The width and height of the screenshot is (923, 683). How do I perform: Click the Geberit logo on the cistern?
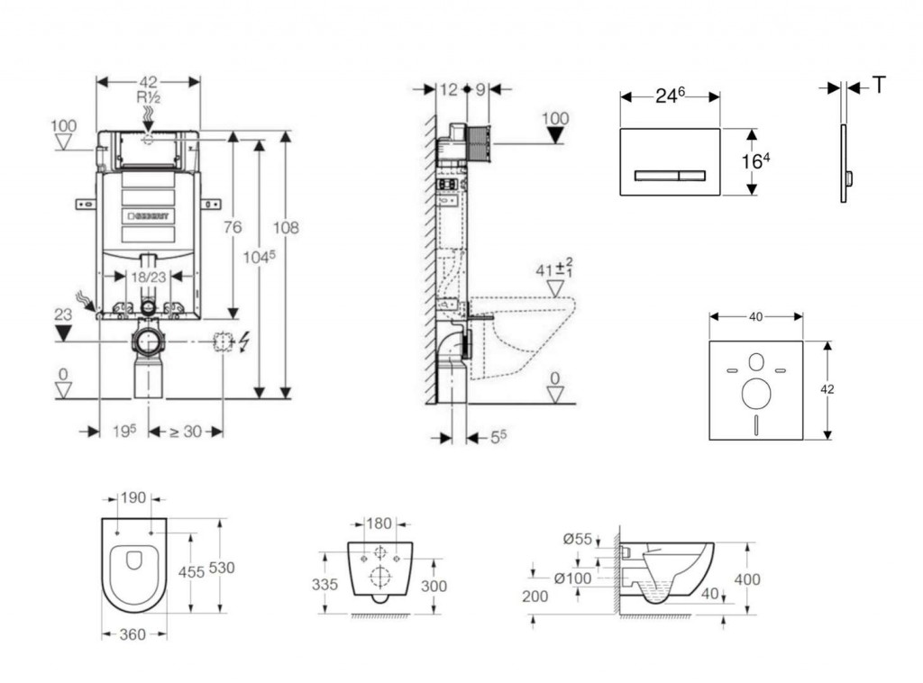click(x=149, y=216)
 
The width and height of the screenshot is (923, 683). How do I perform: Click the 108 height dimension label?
click(x=286, y=227)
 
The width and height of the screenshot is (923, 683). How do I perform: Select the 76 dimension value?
click(x=233, y=226)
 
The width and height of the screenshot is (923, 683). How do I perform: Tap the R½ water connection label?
click(x=149, y=97)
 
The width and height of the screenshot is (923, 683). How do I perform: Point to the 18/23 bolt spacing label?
click(x=148, y=277)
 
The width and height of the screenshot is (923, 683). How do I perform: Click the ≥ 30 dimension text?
click(x=186, y=432)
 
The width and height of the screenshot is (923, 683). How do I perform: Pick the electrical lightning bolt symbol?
click(x=244, y=341)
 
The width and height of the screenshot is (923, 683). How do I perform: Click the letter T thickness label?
click(x=879, y=86)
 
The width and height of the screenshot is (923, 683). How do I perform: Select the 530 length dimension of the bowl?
click(x=222, y=568)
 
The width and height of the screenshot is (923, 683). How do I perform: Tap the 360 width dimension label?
click(x=133, y=634)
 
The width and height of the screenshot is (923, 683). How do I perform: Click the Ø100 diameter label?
click(x=573, y=578)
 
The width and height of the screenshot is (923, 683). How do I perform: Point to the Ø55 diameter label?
click(x=578, y=538)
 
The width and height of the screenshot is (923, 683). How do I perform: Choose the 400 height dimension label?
click(x=747, y=579)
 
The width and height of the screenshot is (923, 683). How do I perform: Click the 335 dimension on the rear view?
click(x=324, y=584)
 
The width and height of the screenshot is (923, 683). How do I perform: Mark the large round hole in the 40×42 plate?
click(x=756, y=394)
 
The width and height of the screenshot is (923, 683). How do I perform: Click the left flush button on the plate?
click(x=657, y=176)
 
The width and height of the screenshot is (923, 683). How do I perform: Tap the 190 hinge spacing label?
click(x=133, y=498)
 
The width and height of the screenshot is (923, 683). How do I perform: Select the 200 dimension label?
click(x=535, y=596)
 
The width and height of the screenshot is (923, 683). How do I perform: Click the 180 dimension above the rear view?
click(x=379, y=523)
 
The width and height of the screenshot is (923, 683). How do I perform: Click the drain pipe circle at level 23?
click(x=148, y=341)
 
